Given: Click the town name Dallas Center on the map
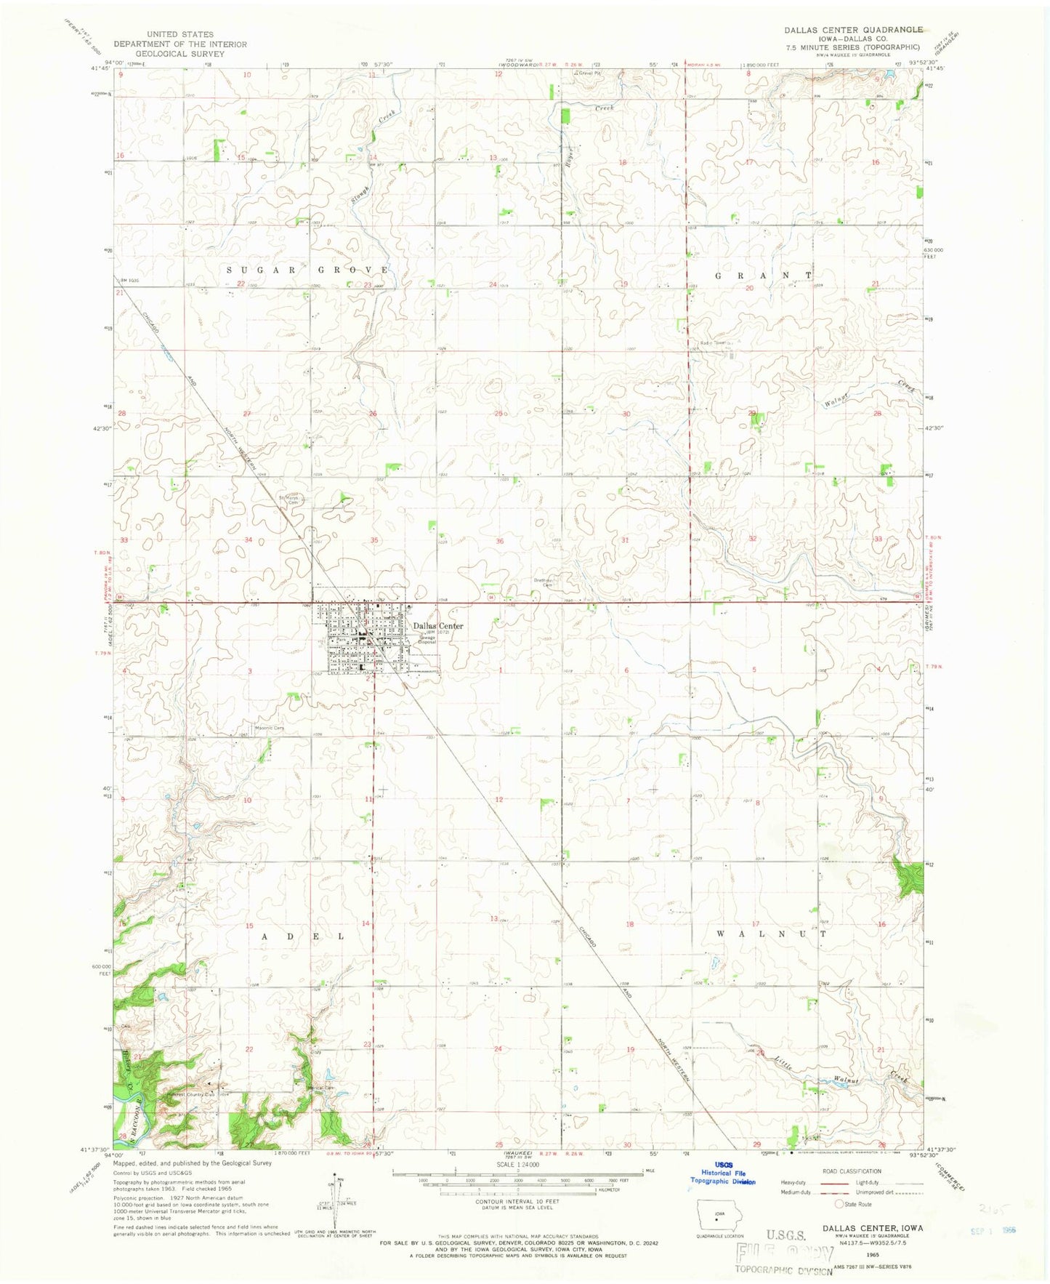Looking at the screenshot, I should point(438,626).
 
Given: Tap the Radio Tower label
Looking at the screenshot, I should point(713,343).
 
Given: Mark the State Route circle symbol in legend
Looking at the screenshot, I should point(839,1204).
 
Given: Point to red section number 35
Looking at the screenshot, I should point(374,540).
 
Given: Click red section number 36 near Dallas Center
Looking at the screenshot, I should point(500,541).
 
